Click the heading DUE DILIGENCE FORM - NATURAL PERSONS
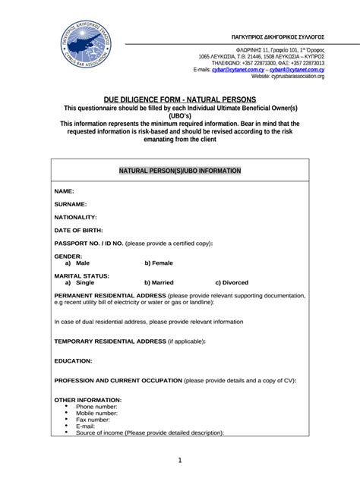point(180,99)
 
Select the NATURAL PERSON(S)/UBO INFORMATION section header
point(180,171)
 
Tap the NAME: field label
point(65,191)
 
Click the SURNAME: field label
point(71,204)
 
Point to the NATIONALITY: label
point(76,217)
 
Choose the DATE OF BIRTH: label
point(79,230)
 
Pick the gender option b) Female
point(159,263)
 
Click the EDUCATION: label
point(74,360)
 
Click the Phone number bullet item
point(96,407)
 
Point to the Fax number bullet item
point(93,420)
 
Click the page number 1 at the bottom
point(180,460)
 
